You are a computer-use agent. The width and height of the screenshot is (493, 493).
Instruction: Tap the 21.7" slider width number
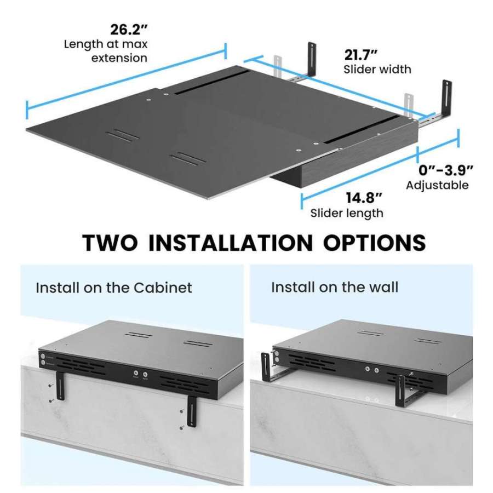(362, 54)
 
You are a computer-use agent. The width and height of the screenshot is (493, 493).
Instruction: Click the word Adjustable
(437, 185)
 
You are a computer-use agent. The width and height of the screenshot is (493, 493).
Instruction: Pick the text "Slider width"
(377, 70)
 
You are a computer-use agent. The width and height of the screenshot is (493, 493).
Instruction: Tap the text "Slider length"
(347, 213)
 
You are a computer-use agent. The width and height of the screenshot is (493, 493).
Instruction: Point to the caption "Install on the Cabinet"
(114, 288)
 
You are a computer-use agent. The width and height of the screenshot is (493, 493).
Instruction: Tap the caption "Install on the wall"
(335, 287)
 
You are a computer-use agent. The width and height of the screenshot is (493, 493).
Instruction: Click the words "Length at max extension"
(105, 50)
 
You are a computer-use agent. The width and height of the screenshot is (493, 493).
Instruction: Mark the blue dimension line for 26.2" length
(126, 77)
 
